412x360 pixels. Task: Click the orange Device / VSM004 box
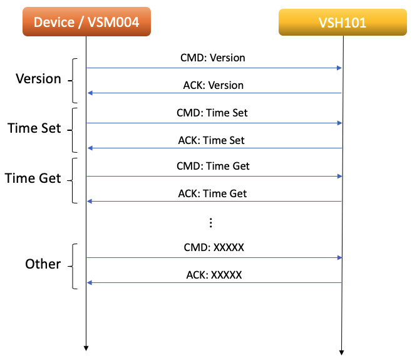(x=86, y=23)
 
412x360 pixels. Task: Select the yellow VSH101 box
(x=341, y=23)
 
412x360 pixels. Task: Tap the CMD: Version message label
(x=213, y=58)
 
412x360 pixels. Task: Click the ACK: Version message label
(x=213, y=85)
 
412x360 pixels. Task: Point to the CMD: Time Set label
(x=213, y=113)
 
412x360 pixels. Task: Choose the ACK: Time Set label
(x=213, y=140)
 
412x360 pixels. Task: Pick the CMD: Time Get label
(x=213, y=166)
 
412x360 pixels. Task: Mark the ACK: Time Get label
(x=213, y=193)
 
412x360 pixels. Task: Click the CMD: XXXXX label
(x=213, y=247)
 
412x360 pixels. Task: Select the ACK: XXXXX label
(x=213, y=274)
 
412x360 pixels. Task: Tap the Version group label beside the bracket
(x=39, y=80)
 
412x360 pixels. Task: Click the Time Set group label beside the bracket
(x=34, y=128)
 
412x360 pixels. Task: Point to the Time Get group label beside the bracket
(x=33, y=178)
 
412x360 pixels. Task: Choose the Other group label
(x=43, y=264)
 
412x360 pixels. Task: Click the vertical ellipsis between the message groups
(x=211, y=222)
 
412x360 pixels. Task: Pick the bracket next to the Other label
(x=74, y=266)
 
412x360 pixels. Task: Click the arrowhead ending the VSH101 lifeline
(x=342, y=350)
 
